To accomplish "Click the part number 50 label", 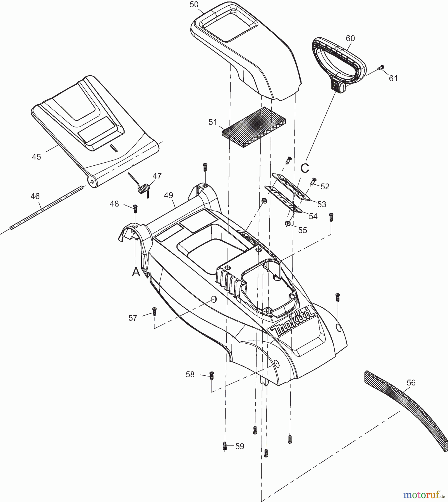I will [194, 4].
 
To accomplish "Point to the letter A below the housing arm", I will [136, 272].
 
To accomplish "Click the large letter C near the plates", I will [305, 168].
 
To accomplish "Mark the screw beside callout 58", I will [212, 375].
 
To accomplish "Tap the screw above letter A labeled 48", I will [135, 208].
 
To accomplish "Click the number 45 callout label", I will [36, 157].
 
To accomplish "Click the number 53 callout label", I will [322, 204].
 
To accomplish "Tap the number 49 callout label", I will [169, 195].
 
